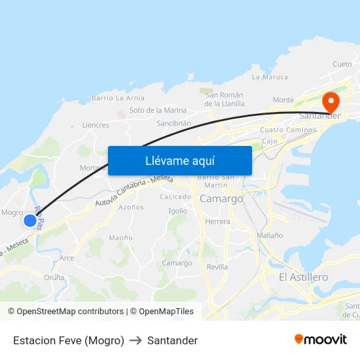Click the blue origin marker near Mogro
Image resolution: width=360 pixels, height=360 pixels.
tap(29, 221)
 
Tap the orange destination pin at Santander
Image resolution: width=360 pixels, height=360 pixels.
tap(330, 101)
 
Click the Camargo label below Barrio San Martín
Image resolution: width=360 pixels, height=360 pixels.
tap(221, 198)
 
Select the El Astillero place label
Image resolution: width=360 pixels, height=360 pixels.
tap(303, 278)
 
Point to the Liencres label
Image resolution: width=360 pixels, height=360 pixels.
tap(96, 125)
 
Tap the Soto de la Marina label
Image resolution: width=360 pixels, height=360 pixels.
tap(158, 110)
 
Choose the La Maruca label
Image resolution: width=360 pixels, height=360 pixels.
tap(270, 77)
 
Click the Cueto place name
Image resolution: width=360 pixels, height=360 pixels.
tap(342, 64)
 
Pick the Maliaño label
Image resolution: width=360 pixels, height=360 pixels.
tap(270, 235)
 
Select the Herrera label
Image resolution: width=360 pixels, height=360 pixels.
tap(217, 222)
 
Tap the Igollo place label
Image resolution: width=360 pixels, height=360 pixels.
tap(177, 211)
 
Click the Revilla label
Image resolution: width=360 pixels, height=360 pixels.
tap(217, 267)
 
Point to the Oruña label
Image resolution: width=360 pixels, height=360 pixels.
tap(54, 278)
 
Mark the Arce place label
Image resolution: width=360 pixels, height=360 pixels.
tap(67, 258)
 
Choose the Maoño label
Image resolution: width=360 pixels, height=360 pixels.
tap(120, 238)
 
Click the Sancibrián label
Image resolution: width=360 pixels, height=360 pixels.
tap(173, 123)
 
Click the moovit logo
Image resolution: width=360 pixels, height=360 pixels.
tap(320, 339)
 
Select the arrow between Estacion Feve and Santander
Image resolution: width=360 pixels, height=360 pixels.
tap(135, 340)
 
